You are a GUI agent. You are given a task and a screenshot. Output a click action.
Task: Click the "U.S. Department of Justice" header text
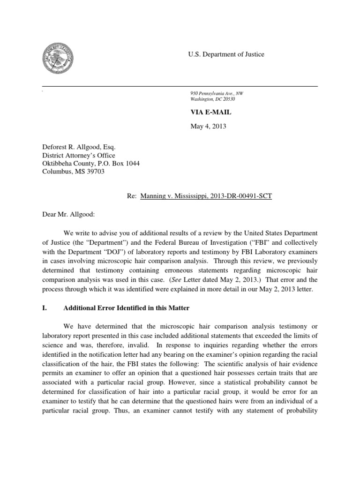point(226,54)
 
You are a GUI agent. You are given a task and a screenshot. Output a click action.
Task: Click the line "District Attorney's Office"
point(79,155)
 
